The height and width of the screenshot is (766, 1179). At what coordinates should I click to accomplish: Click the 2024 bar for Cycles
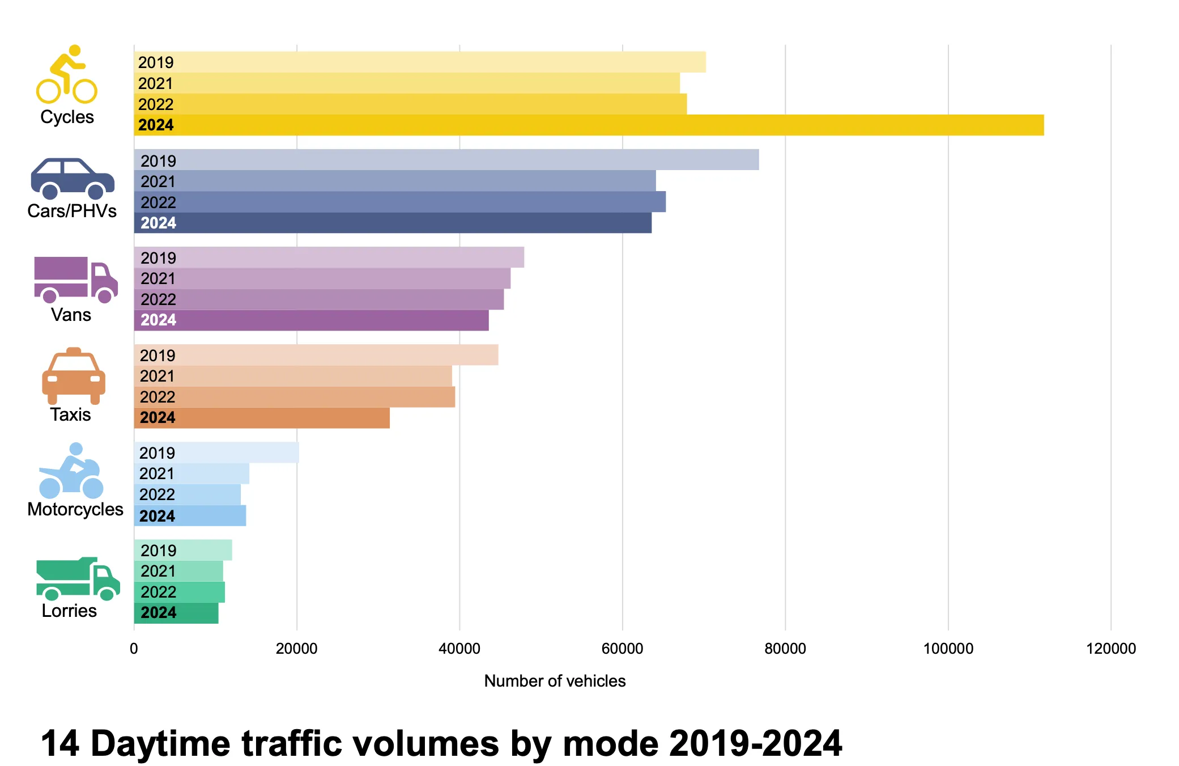(x=589, y=125)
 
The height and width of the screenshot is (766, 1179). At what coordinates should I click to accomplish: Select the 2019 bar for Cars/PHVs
(x=446, y=160)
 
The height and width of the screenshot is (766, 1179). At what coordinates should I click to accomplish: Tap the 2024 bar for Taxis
(x=262, y=418)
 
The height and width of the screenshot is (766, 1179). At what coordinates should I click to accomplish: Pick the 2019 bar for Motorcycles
(x=216, y=452)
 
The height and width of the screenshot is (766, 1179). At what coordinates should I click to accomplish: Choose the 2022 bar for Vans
(x=319, y=299)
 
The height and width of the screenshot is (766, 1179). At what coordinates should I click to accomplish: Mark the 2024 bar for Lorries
(x=176, y=613)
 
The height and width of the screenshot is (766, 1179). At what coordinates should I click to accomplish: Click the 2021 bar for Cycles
(x=407, y=83)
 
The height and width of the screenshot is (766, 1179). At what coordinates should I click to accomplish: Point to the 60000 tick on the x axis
(x=622, y=649)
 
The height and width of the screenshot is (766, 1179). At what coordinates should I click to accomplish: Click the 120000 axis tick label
(x=1110, y=649)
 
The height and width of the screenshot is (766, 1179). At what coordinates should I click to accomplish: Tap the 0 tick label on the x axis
(x=134, y=649)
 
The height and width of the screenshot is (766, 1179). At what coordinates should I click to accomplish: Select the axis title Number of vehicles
(x=555, y=681)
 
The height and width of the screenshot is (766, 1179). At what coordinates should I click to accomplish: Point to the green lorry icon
(x=78, y=578)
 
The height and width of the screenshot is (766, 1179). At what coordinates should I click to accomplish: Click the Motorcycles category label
(x=75, y=509)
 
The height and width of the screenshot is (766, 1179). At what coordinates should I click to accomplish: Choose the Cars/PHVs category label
(x=72, y=211)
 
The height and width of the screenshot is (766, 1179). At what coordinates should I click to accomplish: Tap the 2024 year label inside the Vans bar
(x=159, y=320)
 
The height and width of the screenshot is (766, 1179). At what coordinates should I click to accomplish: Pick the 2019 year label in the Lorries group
(x=159, y=551)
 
